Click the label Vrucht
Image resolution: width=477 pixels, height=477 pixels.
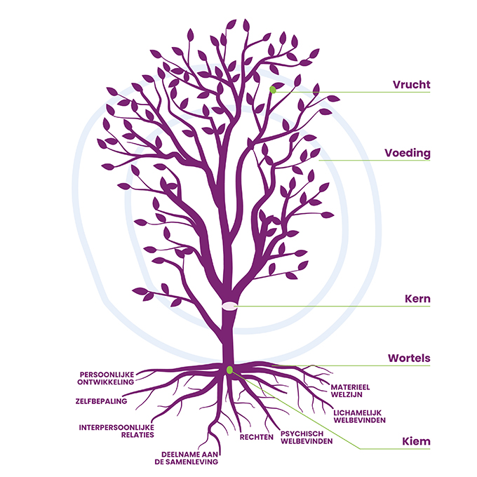[411, 85]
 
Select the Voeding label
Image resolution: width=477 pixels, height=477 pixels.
[408, 153]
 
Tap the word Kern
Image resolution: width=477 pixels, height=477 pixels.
[417, 299]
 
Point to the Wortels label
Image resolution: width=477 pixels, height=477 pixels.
[409, 358]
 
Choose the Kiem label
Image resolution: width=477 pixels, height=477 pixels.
[416, 441]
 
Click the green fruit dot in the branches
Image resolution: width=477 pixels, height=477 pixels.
[273, 90]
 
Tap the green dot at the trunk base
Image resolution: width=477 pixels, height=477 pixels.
[229, 370]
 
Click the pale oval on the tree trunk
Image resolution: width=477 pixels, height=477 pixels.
[229, 306]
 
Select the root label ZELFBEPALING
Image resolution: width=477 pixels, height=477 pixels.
[101, 401]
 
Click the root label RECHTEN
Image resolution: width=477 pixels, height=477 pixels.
[257, 437]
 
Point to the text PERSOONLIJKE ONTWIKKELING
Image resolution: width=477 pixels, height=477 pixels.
[105, 378]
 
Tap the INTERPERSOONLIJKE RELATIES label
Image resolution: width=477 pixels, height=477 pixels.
[116, 431]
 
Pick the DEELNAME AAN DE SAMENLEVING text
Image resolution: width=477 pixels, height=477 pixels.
[187, 458]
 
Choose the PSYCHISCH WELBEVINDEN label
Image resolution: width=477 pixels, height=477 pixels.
[307, 438]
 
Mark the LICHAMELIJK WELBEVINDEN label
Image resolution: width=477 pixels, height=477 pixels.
[359, 417]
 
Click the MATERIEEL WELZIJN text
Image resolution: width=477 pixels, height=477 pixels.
[350, 391]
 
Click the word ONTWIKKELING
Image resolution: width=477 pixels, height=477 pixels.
[105, 382]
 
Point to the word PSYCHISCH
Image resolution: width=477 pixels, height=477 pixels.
[302, 434]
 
